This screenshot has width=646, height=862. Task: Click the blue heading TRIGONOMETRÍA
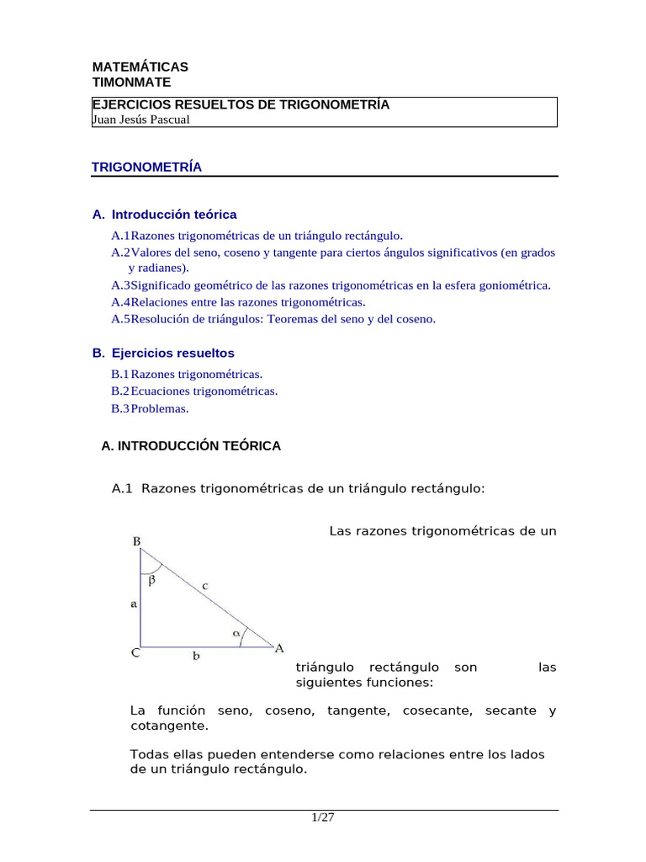(x=146, y=167)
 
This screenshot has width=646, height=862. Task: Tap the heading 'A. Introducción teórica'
(x=165, y=215)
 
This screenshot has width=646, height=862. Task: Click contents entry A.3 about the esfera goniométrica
(x=331, y=285)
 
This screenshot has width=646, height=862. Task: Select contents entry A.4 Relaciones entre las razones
(x=238, y=301)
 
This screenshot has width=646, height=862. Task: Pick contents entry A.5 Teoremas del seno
(x=273, y=319)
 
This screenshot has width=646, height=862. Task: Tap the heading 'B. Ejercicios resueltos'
(x=163, y=353)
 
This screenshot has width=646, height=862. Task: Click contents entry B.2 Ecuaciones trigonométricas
(x=194, y=391)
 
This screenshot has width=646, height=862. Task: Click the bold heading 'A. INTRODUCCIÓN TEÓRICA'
(x=191, y=446)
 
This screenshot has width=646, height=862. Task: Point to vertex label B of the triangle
(x=136, y=542)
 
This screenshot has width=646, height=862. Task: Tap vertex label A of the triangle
(x=279, y=647)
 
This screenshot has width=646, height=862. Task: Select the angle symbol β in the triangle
(x=151, y=580)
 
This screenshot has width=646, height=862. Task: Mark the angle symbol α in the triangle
(x=236, y=631)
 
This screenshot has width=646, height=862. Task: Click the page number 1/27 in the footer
(x=323, y=817)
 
